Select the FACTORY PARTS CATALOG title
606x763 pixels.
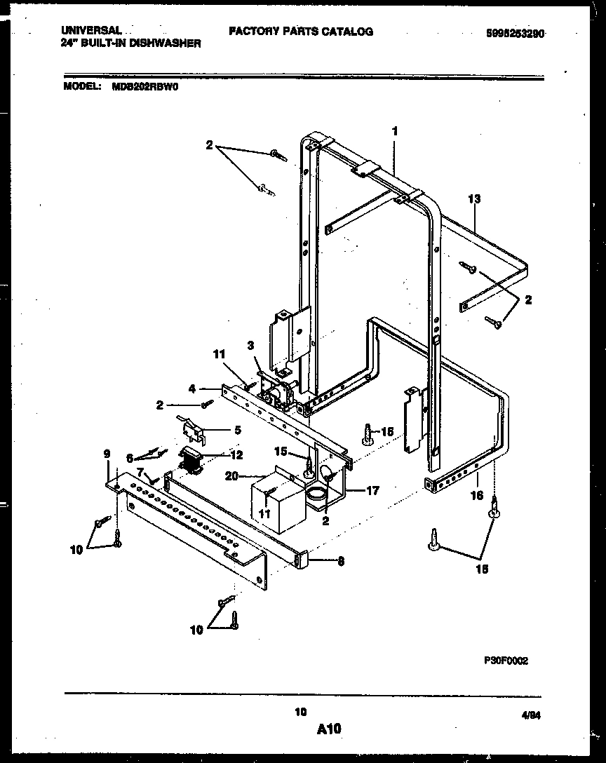(x=300, y=32)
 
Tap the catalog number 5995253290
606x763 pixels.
(x=515, y=33)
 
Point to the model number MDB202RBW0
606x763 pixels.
(x=145, y=88)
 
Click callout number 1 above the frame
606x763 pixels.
(x=395, y=130)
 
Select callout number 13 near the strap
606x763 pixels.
(x=474, y=200)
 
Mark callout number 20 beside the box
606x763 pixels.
(x=231, y=476)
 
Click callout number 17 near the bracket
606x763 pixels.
(x=372, y=491)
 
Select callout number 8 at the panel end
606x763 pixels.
(x=340, y=560)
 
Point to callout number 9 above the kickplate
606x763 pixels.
(x=107, y=454)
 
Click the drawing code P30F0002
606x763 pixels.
(x=506, y=661)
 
